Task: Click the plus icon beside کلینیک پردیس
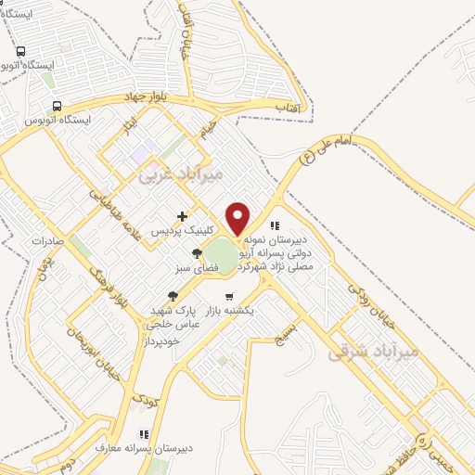click(x=182, y=216)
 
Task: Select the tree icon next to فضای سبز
click(x=196, y=253)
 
